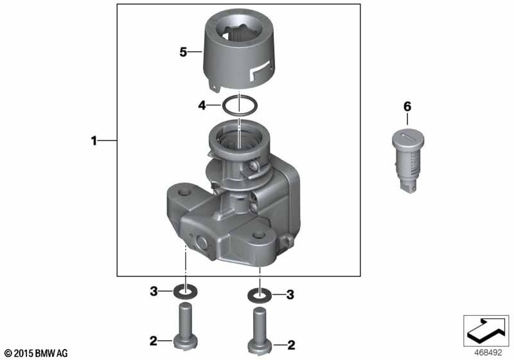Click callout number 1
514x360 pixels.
pos(94,141)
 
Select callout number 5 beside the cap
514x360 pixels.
pos(183,52)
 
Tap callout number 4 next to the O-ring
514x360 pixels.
pos(202,105)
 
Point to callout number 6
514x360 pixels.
pos(407,107)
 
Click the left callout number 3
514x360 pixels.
pos(154,291)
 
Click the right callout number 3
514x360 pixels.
pos(290,294)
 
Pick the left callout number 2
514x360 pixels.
pos(154,341)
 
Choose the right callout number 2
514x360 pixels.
pos(291,345)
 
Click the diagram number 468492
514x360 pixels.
pos(488,352)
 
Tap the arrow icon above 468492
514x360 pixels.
pos(486,330)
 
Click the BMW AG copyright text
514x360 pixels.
pos(37,354)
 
